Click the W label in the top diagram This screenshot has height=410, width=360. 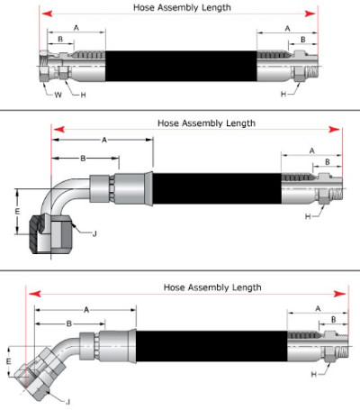[58, 94]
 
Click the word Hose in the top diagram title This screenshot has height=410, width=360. [144, 7]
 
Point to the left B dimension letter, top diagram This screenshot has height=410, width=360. [59, 40]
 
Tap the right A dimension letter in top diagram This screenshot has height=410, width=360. [287, 29]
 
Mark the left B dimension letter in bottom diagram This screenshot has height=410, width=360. [68, 322]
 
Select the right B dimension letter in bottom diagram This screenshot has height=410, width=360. [334, 320]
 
